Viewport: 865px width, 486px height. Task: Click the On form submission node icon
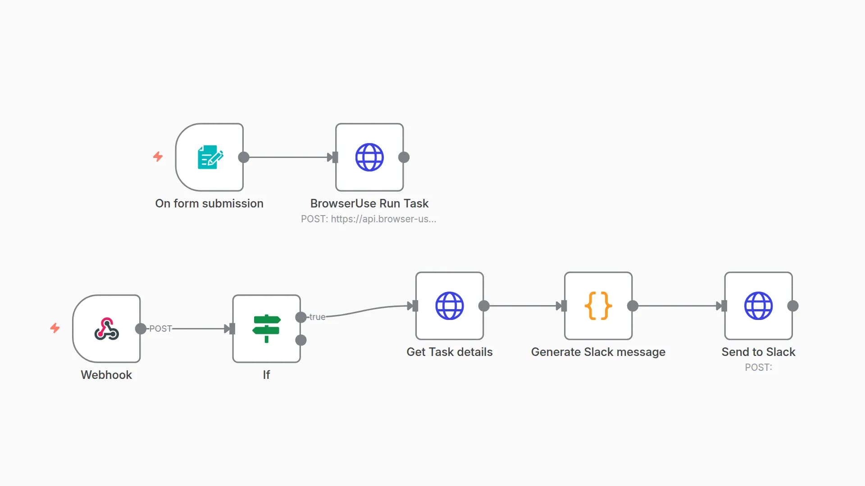pyautogui.click(x=210, y=157)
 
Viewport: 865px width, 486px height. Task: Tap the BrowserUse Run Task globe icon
pyautogui.click(x=369, y=157)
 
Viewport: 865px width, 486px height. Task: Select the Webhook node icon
pyautogui.click(x=106, y=328)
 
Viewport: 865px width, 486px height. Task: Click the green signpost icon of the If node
pyautogui.click(x=266, y=328)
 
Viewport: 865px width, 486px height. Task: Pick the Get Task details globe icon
pyautogui.click(x=449, y=306)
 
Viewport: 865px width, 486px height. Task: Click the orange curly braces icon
pyautogui.click(x=598, y=306)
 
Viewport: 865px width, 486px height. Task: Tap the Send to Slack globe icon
pyautogui.click(x=758, y=306)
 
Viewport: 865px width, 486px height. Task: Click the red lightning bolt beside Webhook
pyautogui.click(x=55, y=328)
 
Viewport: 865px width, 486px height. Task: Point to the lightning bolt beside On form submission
pyautogui.click(x=158, y=157)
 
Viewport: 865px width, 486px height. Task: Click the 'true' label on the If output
pyautogui.click(x=317, y=317)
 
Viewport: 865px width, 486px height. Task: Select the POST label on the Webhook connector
pyautogui.click(x=160, y=328)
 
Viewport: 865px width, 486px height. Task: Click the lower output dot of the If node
pyautogui.click(x=301, y=340)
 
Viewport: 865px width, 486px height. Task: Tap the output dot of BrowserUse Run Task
pyautogui.click(x=404, y=157)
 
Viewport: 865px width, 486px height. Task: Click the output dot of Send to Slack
pyautogui.click(x=793, y=306)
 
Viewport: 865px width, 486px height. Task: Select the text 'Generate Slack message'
pyautogui.click(x=598, y=352)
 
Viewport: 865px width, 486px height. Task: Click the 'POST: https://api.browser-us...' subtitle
pyautogui.click(x=369, y=219)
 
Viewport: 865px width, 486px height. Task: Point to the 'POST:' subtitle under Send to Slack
pyautogui.click(x=758, y=367)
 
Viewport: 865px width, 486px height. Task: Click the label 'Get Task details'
pyautogui.click(x=449, y=352)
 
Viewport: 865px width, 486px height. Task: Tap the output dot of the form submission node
pyautogui.click(x=244, y=157)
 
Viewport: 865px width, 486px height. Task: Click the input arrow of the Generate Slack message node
pyautogui.click(x=561, y=306)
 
